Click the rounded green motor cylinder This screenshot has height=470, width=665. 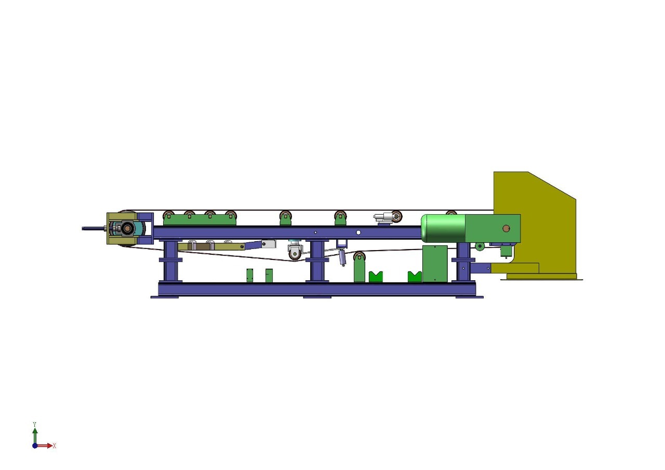(443, 228)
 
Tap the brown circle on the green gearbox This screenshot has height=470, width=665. (506, 228)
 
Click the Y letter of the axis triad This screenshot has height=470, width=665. (34, 424)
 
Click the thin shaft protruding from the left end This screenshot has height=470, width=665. (94, 228)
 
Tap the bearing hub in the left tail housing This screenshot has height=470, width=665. (126, 228)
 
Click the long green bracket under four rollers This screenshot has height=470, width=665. (199, 221)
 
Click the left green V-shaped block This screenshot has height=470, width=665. (376, 277)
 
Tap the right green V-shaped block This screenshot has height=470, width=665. (415, 277)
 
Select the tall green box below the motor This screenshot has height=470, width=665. (434, 264)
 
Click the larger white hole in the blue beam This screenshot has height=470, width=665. (358, 232)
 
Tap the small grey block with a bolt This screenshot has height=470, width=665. (269, 243)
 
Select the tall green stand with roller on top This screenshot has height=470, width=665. (359, 268)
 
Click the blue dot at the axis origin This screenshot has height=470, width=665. (35, 446)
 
